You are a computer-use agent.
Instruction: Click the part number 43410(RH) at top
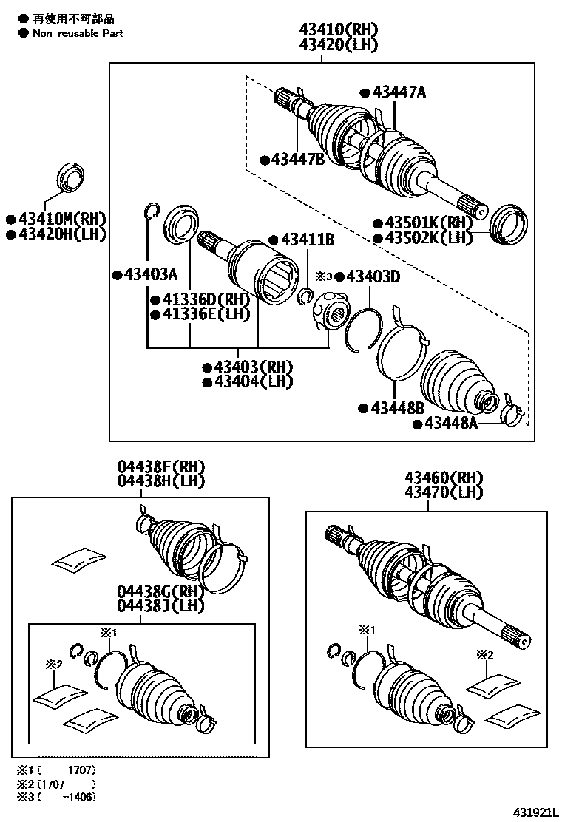point(338,30)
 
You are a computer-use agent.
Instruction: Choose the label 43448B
point(396,407)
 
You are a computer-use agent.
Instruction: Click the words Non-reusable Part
point(78,33)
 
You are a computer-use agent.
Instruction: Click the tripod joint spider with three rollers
point(329,310)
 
